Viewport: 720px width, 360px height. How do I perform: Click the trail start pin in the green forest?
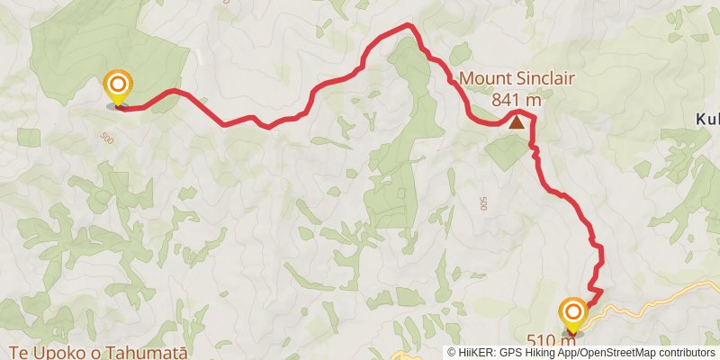click(x=118, y=88)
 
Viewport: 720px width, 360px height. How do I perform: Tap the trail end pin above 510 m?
click(x=573, y=314)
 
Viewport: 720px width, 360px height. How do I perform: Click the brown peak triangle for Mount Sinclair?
click(x=517, y=121)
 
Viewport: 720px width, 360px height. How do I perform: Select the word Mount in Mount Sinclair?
click(x=484, y=79)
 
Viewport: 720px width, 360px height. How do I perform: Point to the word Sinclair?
click(x=543, y=79)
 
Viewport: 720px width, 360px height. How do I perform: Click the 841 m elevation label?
click(x=517, y=100)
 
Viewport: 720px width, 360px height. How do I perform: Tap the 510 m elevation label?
click(x=551, y=340)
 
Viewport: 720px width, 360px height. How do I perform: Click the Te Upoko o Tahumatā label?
click(x=98, y=351)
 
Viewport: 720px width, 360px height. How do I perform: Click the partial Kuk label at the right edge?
click(x=707, y=119)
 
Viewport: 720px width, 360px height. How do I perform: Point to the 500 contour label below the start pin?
click(x=108, y=138)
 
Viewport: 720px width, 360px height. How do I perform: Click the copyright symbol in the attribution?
click(x=453, y=353)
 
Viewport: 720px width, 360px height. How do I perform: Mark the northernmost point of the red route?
click(x=409, y=24)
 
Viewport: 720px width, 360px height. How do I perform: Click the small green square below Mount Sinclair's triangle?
click(x=504, y=153)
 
